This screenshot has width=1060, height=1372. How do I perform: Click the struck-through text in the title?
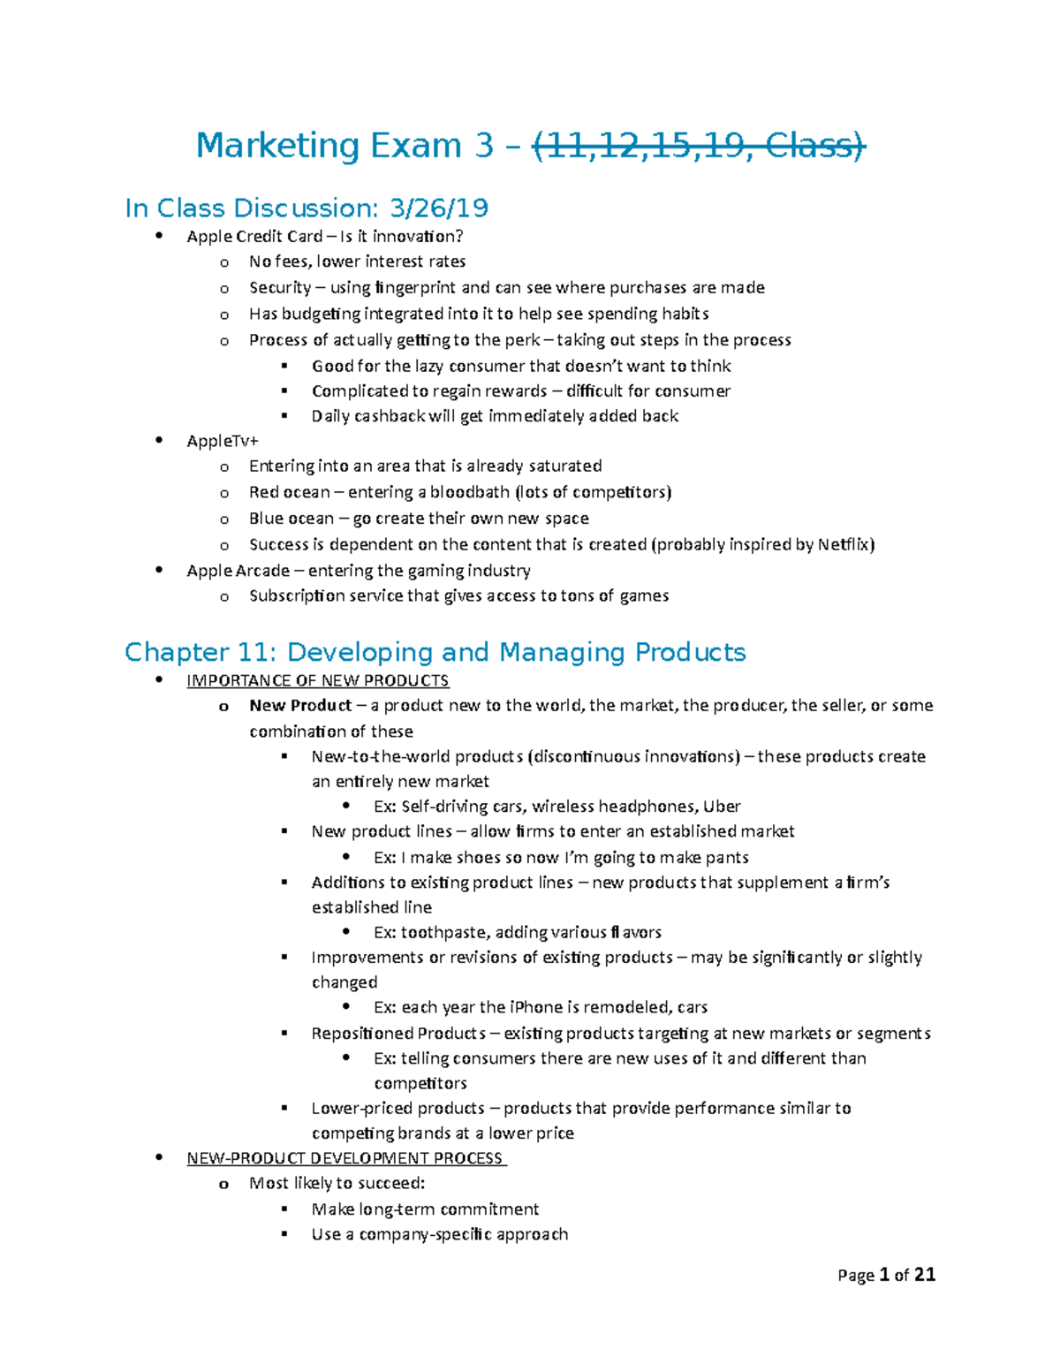click(699, 146)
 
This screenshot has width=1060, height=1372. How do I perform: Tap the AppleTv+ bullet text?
click(223, 441)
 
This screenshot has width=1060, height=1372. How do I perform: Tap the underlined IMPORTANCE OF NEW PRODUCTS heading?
click(318, 681)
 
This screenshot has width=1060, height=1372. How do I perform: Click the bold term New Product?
click(300, 706)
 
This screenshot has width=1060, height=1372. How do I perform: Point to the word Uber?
click(722, 807)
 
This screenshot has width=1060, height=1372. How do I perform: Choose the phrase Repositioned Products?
click(398, 1034)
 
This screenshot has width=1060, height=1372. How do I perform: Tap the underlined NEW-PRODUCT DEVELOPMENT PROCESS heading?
click(345, 1159)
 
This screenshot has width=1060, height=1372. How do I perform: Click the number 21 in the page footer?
click(924, 1275)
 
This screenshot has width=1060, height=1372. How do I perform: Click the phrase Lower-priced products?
click(397, 1109)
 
